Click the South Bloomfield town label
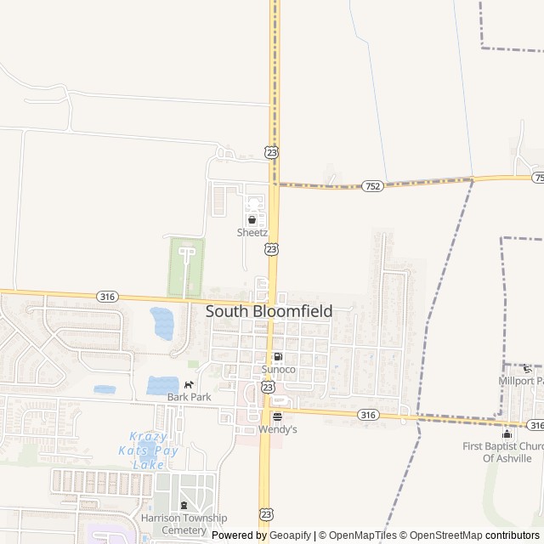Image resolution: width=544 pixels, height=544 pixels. pyautogui.click(x=269, y=312)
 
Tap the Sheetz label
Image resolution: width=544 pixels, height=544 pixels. pyautogui.click(x=252, y=232)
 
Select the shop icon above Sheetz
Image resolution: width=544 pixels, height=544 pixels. pyautogui.click(x=252, y=219)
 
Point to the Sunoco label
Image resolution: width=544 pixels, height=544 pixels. pyautogui.click(x=278, y=370)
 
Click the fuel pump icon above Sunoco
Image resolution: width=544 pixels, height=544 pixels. pyautogui.click(x=278, y=357)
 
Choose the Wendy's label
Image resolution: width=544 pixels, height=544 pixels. pyautogui.click(x=277, y=429)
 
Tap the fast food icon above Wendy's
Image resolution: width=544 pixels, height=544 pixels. pyautogui.click(x=277, y=416)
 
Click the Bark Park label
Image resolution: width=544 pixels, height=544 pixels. pyautogui.click(x=189, y=397)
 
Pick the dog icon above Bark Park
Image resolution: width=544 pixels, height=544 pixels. pyautogui.click(x=189, y=385)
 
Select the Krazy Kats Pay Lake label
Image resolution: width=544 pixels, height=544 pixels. pyautogui.click(x=155, y=450)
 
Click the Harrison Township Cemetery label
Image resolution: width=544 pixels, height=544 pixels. pyautogui.click(x=184, y=524)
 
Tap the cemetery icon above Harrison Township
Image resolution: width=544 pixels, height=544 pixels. pyautogui.click(x=184, y=507)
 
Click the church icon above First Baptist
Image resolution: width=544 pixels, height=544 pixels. pyautogui.click(x=507, y=434)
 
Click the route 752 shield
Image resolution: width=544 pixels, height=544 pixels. pyautogui.click(x=371, y=185)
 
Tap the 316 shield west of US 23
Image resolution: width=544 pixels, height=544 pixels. pyautogui.click(x=108, y=296)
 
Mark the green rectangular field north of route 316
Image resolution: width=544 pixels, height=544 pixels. pyautogui.click(x=186, y=266)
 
